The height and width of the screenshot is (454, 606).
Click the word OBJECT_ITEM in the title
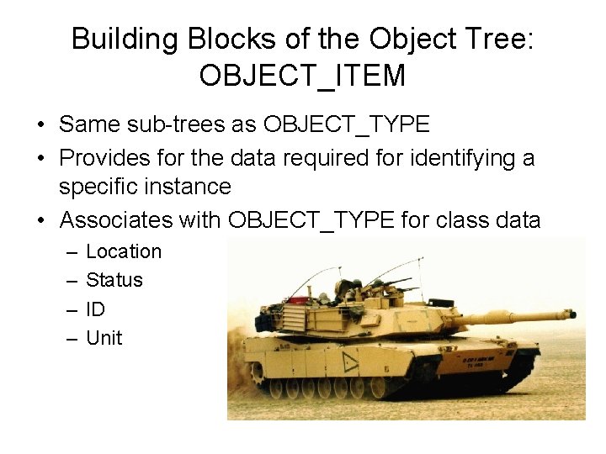coord(302,77)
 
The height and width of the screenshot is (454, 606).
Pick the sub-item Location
coord(124,251)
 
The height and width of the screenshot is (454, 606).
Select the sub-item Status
coord(114,280)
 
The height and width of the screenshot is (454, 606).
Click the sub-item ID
coord(96,309)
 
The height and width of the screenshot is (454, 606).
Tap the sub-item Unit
coord(104,338)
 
